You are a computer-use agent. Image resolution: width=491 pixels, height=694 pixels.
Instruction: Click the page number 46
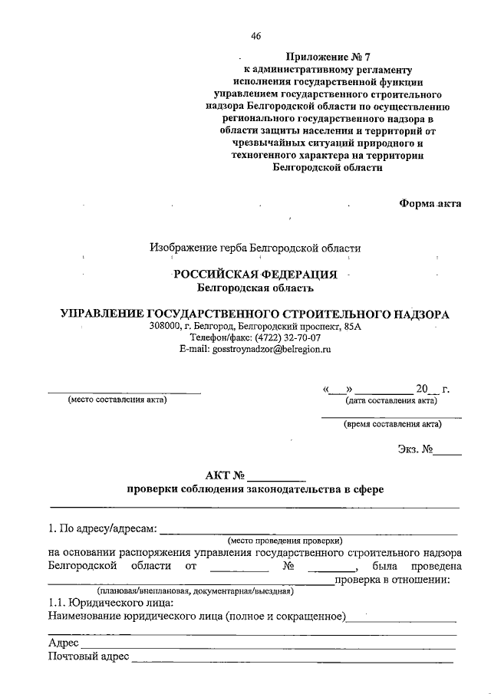coord(256,35)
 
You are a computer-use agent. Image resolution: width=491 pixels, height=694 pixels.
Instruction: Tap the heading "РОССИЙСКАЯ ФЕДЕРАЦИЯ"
coord(254,275)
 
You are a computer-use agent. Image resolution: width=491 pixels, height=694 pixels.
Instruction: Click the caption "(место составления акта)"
coord(117,399)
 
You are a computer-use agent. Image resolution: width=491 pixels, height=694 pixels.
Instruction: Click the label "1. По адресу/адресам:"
coord(101,528)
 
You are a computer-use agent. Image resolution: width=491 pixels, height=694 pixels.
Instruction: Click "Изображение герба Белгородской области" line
coord(255,247)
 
